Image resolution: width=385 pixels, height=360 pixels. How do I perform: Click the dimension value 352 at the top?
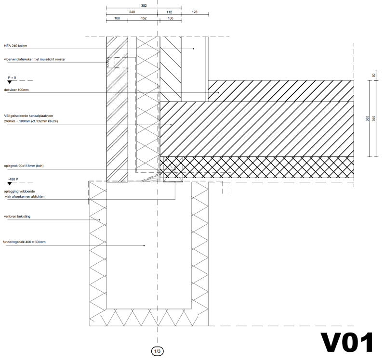144,6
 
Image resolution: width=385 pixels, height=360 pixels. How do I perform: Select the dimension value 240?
132,12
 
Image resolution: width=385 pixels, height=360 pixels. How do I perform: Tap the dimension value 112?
169,12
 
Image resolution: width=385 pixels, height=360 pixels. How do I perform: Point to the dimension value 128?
194,12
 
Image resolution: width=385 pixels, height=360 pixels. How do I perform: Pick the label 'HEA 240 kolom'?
15,46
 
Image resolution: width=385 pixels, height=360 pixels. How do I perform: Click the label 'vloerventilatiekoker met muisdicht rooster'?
34,59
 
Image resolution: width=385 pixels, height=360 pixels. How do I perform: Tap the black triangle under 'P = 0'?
9,83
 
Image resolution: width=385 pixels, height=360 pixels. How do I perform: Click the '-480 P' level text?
13,179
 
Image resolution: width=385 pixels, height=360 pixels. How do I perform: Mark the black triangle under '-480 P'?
9,184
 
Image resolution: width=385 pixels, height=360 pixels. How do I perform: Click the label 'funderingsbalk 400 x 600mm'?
24,242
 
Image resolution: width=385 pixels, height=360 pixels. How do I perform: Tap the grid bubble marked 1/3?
158,351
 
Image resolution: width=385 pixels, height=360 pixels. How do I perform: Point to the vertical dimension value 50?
373,75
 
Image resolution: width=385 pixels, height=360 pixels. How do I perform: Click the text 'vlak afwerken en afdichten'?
22,196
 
